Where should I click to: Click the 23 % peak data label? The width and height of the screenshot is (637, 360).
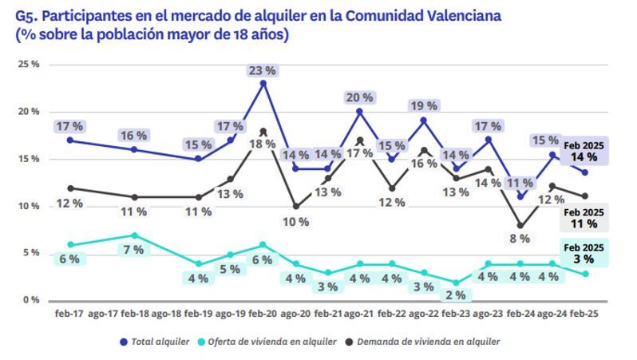[x=263, y=70]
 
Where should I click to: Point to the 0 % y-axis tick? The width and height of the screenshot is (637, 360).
[x=30, y=300]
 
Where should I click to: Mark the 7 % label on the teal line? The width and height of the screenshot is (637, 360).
[x=134, y=250]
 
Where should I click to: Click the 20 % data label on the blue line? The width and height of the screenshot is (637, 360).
[x=359, y=97]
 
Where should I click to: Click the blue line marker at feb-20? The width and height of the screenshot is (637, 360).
[x=263, y=83]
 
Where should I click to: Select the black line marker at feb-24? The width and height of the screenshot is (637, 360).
[x=521, y=225]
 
